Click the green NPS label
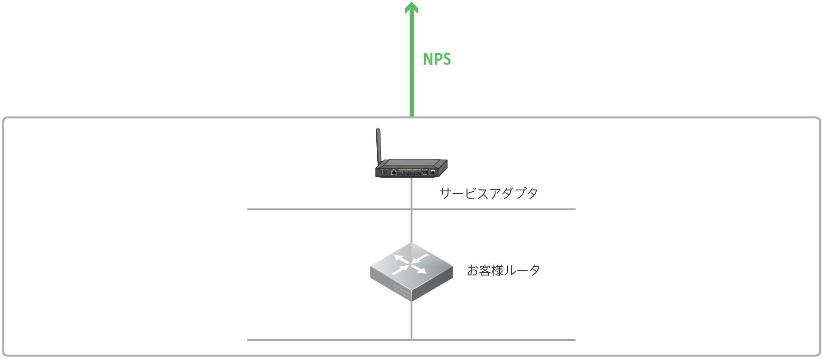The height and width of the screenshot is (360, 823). pyautogui.click(x=437, y=59)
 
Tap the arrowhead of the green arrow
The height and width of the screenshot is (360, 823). pyautogui.click(x=411, y=8)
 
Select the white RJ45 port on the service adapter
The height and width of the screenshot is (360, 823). pyautogui.click(x=393, y=172)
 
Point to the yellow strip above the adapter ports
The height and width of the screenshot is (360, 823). pyautogui.click(x=409, y=169)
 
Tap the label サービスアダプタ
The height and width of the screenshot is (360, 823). pyautogui.click(x=488, y=193)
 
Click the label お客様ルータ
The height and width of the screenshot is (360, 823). pyautogui.click(x=504, y=270)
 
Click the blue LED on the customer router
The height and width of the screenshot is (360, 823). pyautogui.click(x=374, y=272)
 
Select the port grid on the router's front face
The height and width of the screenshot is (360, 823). pyautogui.click(x=401, y=291)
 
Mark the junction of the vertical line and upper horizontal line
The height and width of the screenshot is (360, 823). pyautogui.click(x=411, y=209)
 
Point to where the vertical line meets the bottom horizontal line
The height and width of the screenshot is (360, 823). pyautogui.click(x=411, y=340)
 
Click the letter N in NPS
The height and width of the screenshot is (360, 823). pyautogui.click(x=427, y=59)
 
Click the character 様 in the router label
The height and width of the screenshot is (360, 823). pyautogui.click(x=497, y=270)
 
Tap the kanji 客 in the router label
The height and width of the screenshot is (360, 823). pyautogui.click(x=485, y=270)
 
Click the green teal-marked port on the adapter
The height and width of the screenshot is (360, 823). pyautogui.click(x=424, y=172)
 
